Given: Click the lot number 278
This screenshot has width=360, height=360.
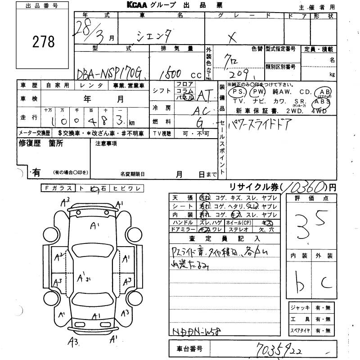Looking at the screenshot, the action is pos(44,42).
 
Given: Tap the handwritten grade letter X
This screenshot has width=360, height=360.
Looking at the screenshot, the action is pos(233,39).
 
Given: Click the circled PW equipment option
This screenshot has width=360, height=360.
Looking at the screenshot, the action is pos(257,92).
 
